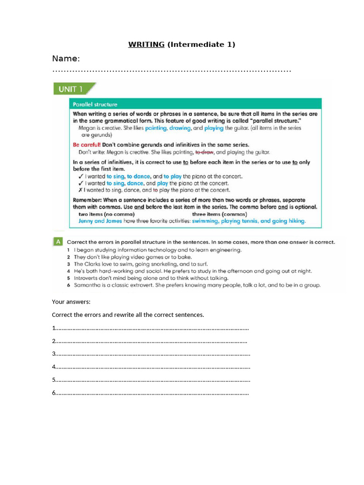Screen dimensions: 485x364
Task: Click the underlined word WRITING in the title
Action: tap(146, 45)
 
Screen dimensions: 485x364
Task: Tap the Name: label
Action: tap(66, 59)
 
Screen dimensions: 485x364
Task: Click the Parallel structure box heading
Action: tap(95, 104)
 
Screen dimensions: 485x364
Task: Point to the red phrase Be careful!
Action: tap(87, 145)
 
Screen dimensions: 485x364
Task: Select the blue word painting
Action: tap(156, 128)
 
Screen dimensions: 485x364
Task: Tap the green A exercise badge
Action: tap(57, 242)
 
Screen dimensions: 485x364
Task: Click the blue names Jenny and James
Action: tap(100, 221)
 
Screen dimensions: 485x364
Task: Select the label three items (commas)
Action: tap(219, 214)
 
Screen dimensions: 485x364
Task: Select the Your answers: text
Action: tap(71, 301)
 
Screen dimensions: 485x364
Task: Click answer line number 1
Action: tap(151, 328)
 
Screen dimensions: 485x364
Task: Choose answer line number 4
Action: tap(151, 366)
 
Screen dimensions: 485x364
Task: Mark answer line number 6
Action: tap(151, 392)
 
